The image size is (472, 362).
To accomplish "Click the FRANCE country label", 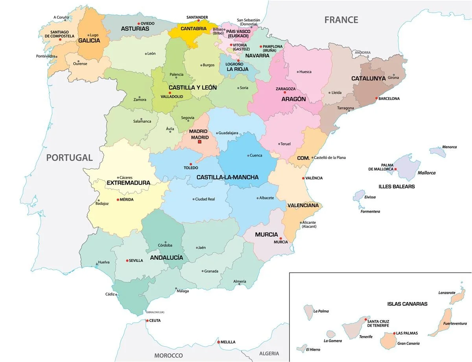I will (x=341, y=20).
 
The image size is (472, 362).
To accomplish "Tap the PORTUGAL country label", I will (x=69, y=158).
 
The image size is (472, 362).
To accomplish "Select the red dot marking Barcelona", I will (x=376, y=98).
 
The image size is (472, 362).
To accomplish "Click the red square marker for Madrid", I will (x=199, y=142).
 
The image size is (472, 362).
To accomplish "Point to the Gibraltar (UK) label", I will (x=155, y=312).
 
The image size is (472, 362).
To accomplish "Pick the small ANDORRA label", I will (x=362, y=52).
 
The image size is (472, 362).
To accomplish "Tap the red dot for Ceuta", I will (x=147, y=321).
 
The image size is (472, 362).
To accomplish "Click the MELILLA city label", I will (x=228, y=342).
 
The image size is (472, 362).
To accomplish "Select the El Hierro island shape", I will (x=302, y=349).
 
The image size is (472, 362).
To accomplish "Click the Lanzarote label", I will (x=447, y=293).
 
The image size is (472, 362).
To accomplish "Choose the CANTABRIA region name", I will (x=193, y=29).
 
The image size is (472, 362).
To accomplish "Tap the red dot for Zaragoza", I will (x=285, y=92).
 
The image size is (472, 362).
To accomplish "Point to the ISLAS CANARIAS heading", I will (x=407, y=304).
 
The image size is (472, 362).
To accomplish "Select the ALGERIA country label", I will (x=269, y=353).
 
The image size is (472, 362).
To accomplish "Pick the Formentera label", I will (x=370, y=212).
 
